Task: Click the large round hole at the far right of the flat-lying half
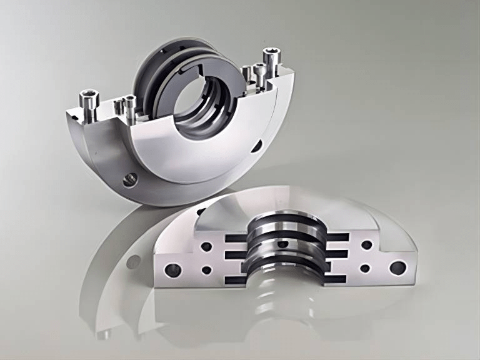click(395, 267)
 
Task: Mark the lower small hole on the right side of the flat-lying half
click(365, 267)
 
